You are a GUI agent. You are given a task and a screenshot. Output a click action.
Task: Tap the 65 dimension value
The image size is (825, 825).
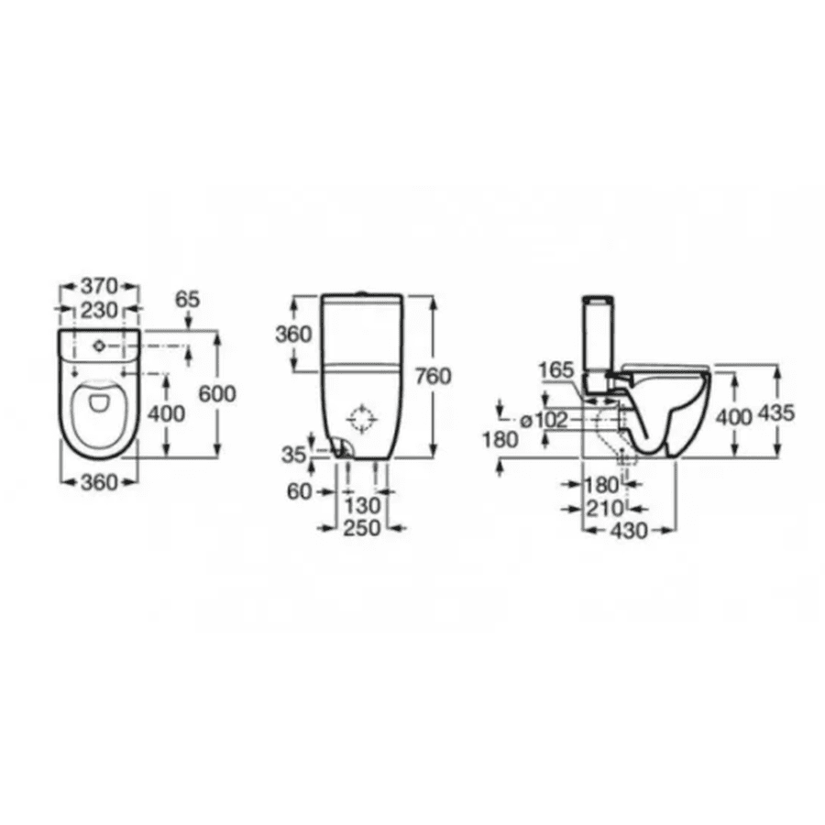coord(186,299)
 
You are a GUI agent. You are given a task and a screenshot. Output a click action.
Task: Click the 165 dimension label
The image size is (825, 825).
coord(555,370)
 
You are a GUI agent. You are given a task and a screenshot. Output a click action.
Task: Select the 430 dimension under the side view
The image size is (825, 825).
coord(629,530)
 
